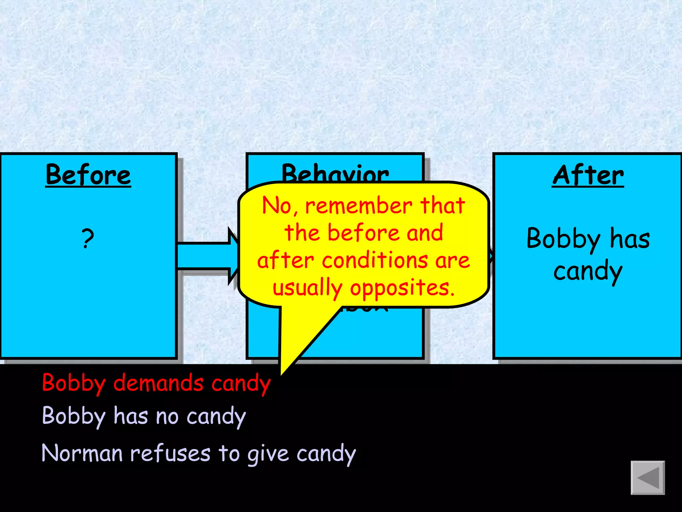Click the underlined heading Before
(88, 175)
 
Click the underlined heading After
(588, 175)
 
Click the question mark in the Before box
(88, 239)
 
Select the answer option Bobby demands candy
(156, 383)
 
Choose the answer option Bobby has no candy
(144, 417)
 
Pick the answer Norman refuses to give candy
(198, 454)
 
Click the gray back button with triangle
(647, 478)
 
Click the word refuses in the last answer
(170, 454)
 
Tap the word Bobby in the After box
(563, 239)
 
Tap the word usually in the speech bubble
(307, 288)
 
